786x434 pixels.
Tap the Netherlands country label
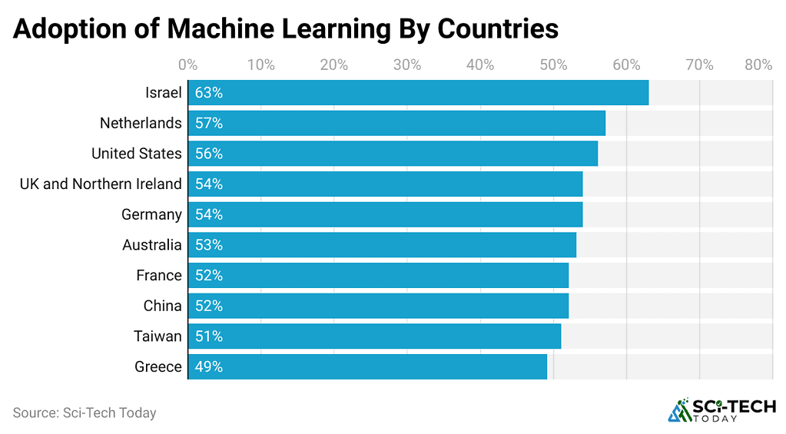click(x=141, y=123)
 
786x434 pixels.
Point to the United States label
click(x=137, y=154)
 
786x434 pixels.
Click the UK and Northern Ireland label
click(x=101, y=184)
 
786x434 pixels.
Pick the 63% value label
click(x=208, y=93)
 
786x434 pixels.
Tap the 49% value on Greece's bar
click(x=208, y=366)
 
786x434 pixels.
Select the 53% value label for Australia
click(x=208, y=245)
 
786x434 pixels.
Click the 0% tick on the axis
click(x=187, y=65)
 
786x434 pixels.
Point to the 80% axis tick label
click(x=758, y=65)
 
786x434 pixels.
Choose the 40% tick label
click(x=479, y=65)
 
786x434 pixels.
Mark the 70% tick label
click(x=699, y=65)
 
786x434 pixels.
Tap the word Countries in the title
click(x=498, y=28)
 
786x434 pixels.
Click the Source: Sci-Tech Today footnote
click(x=85, y=412)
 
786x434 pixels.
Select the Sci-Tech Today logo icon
click(x=679, y=410)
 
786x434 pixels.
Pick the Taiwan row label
click(x=158, y=336)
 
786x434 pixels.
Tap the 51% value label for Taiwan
click(x=208, y=336)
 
